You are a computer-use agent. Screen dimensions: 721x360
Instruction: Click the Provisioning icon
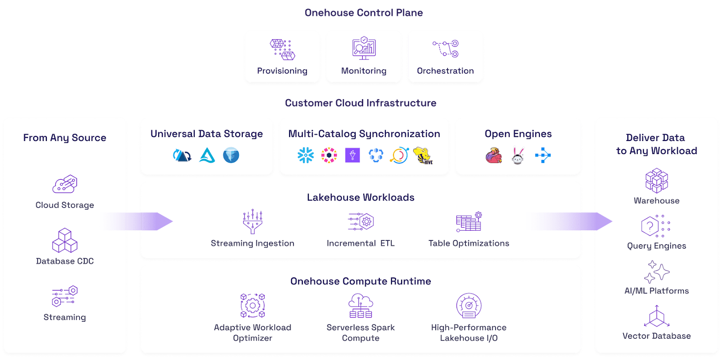282,50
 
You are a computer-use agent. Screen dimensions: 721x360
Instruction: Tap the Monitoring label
364,71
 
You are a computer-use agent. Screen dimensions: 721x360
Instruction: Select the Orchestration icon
446,49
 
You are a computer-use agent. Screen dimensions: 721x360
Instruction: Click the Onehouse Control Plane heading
364,13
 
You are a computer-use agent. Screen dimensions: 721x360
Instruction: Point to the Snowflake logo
306,155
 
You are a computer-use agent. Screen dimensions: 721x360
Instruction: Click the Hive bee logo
423,156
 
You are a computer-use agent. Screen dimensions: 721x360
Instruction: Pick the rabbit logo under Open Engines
518,156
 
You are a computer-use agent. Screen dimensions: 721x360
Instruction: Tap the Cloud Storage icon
65,184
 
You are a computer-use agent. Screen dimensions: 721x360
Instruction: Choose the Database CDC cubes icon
65,240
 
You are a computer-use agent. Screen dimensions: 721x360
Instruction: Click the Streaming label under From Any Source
65,317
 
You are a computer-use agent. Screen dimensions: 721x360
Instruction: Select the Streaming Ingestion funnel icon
253,221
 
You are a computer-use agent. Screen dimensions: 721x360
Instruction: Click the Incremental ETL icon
361,221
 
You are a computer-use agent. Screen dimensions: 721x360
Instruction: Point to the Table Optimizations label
469,243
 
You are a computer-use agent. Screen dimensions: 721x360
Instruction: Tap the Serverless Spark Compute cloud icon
361,305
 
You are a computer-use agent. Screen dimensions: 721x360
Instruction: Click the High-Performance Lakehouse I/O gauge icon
469,305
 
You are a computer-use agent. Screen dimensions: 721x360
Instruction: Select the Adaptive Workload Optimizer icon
253,305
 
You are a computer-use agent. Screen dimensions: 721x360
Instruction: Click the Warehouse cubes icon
657,181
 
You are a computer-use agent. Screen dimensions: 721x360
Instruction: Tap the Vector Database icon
657,316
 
